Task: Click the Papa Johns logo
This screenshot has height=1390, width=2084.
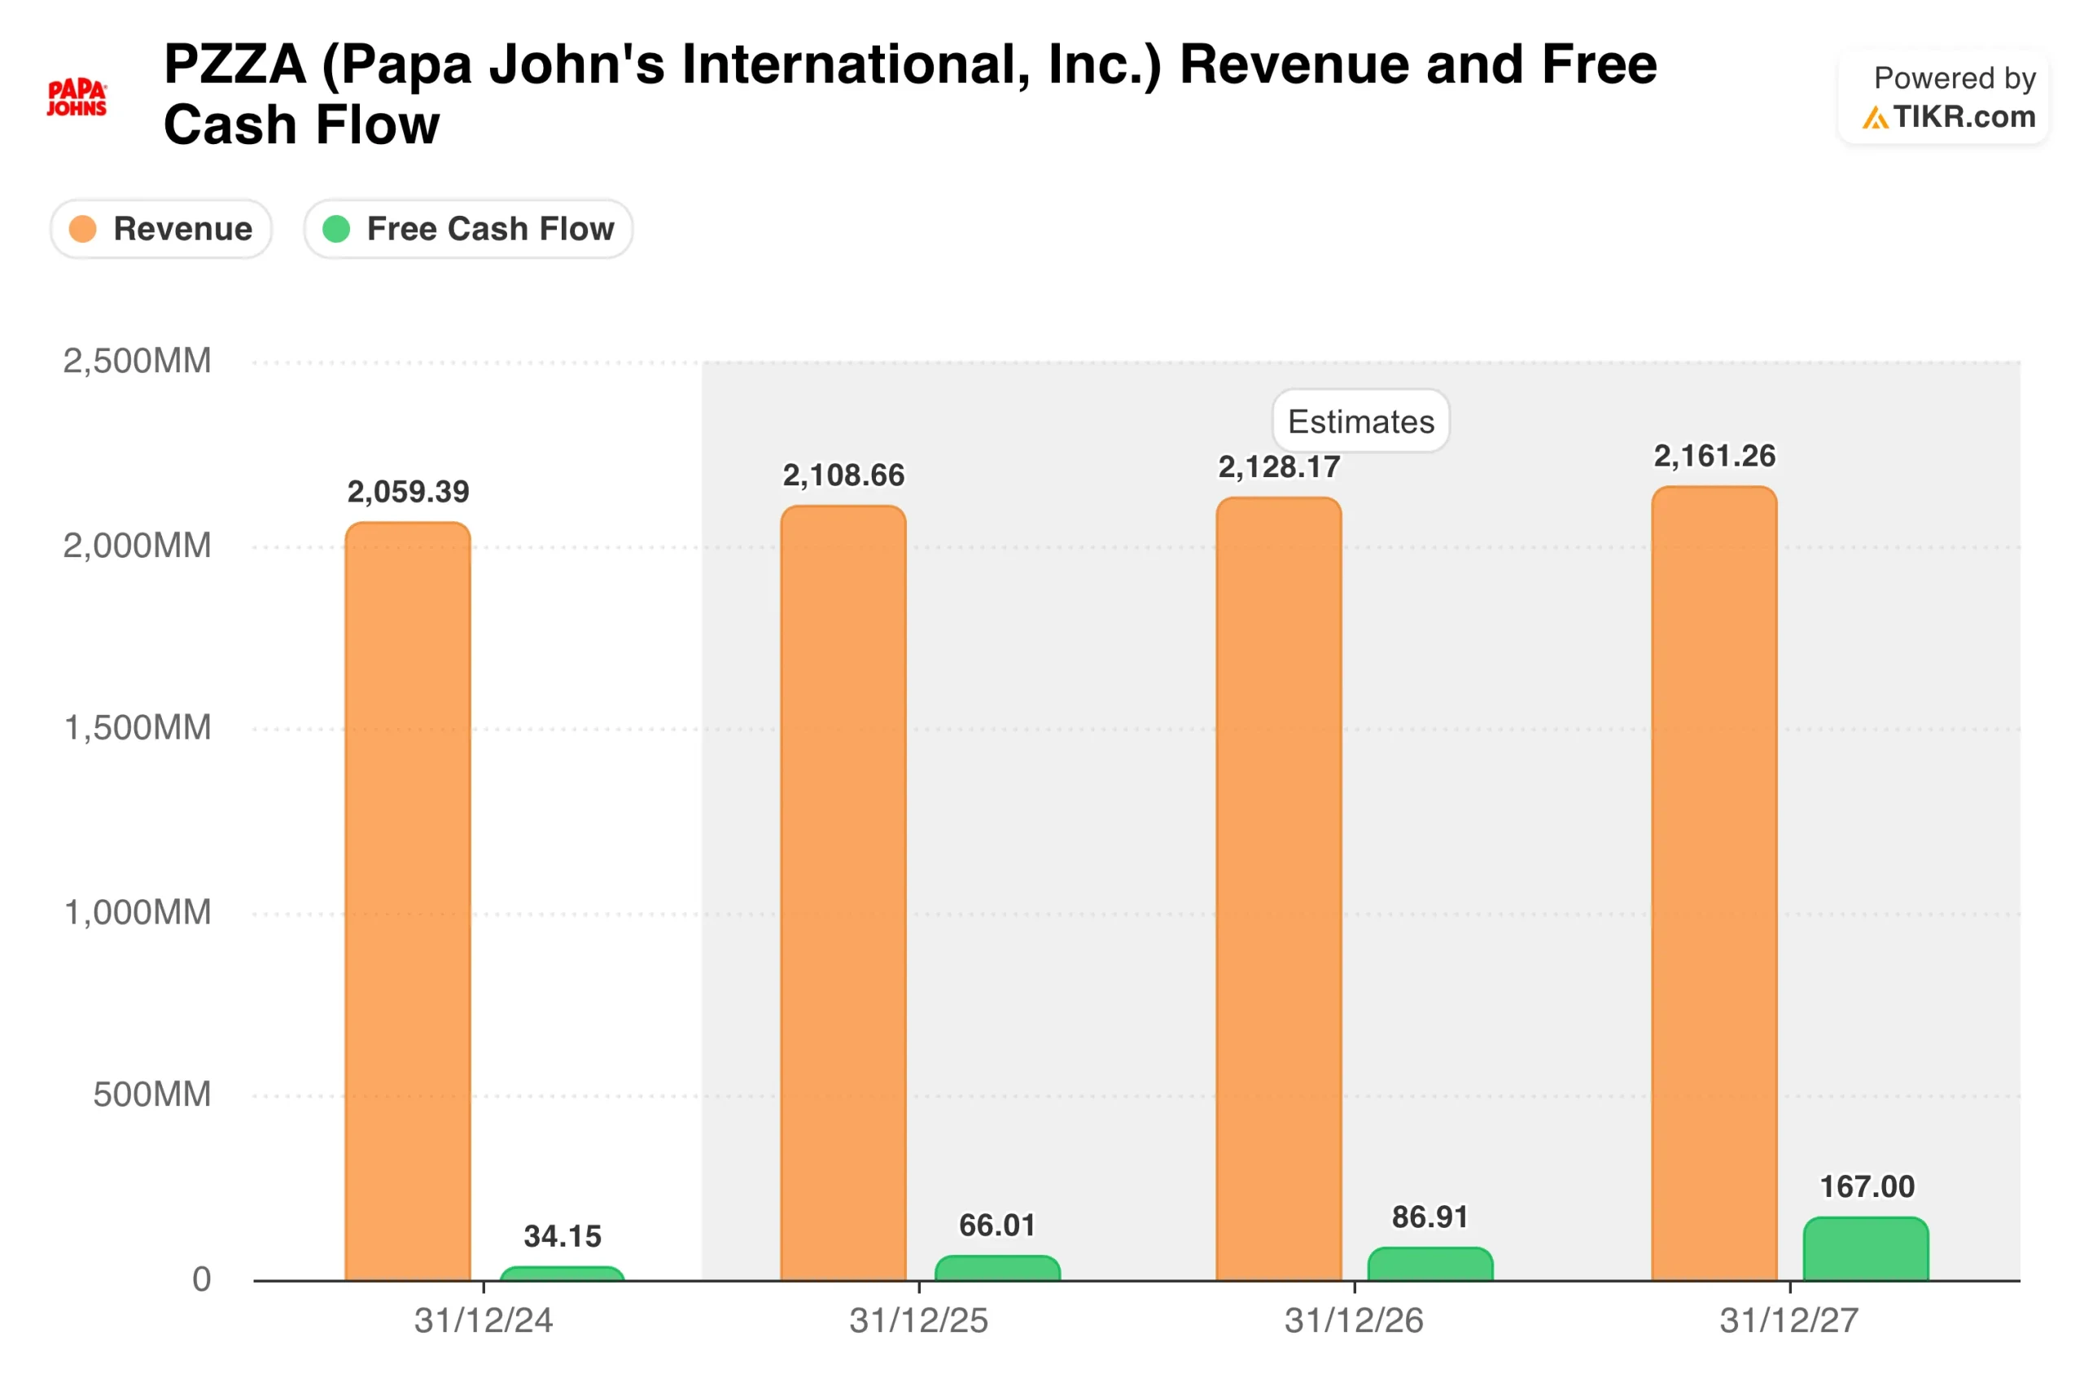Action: [x=77, y=98]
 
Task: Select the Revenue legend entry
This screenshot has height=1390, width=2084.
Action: [x=161, y=230]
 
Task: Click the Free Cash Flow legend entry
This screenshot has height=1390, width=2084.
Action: [x=468, y=230]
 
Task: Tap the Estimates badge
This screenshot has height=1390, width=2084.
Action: [x=1360, y=422]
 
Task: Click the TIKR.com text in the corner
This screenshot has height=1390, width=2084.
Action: [x=1964, y=117]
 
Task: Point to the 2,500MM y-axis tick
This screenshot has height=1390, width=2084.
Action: [x=138, y=362]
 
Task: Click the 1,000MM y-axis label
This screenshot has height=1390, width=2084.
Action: [x=138, y=912]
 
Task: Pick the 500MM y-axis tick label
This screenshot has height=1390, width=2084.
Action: [x=151, y=1094]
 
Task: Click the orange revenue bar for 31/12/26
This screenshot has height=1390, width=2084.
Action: [x=1279, y=887]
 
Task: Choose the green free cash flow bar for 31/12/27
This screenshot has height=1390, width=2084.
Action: [x=1865, y=1250]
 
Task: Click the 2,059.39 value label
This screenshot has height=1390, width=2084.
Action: [x=408, y=492]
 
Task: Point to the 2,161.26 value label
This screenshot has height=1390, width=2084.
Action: [x=1714, y=457]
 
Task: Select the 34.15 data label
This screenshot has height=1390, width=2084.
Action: [x=563, y=1237]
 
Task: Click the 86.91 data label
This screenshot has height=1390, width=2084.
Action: [x=1429, y=1217]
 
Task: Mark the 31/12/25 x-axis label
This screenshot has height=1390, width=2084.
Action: [x=919, y=1321]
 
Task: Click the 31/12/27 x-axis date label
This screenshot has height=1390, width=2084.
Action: [x=1789, y=1321]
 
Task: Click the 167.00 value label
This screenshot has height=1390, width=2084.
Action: [x=1867, y=1187]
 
